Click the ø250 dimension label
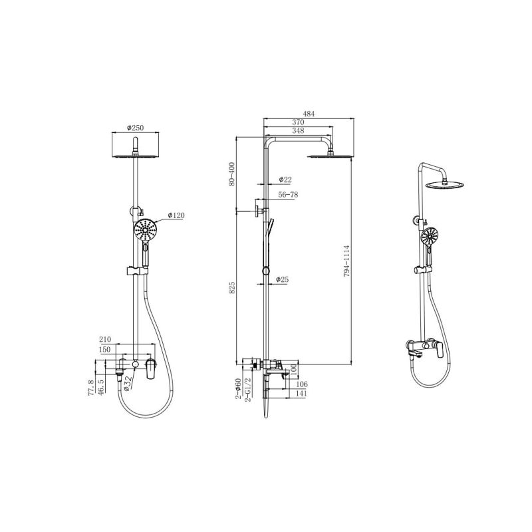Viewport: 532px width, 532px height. click(136, 128)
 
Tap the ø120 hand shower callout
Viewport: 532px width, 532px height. click(176, 215)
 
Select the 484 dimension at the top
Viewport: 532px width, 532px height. click(309, 114)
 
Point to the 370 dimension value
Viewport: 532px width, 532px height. click(297, 122)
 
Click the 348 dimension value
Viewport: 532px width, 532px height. click(297, 130)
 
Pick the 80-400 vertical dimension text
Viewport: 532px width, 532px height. click(232, 174)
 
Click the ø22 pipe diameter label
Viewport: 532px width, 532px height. click(285, 180)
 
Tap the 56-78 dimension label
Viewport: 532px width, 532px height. click(288, 195)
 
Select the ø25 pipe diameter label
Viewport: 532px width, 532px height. click(282, 279)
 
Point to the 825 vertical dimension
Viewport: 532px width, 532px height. click(232, 287)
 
